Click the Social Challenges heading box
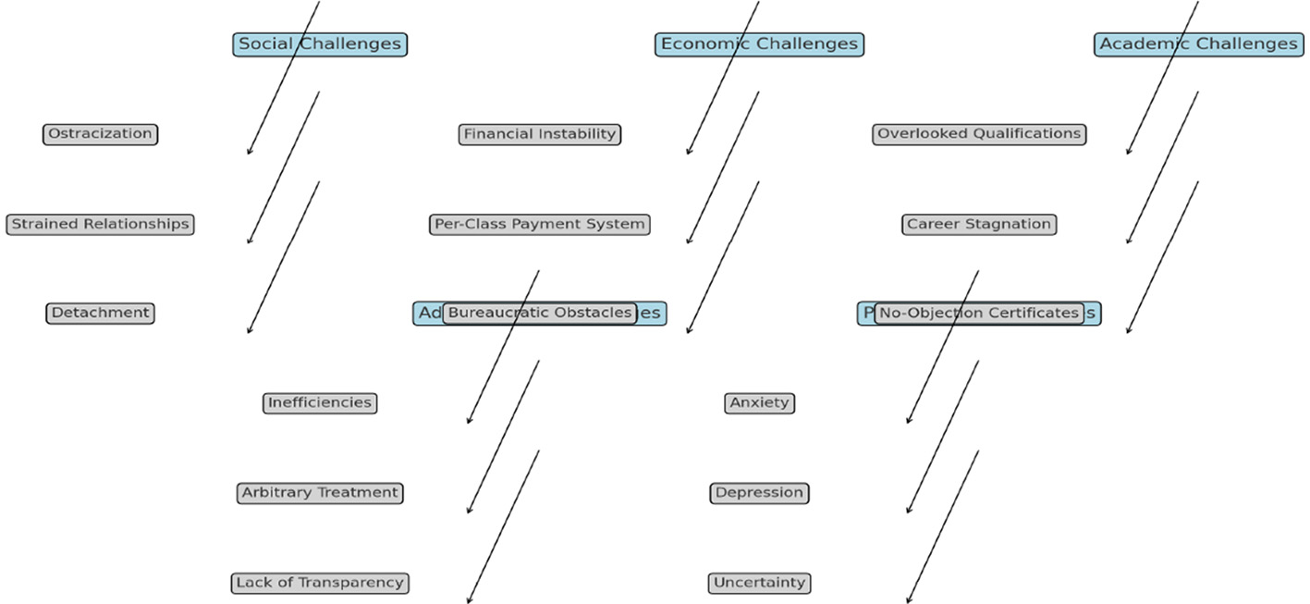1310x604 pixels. (x=320, y=44)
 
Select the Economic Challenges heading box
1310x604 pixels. (x=759, y=44)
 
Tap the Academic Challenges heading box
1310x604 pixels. (x=1198, y=44)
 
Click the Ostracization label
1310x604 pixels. (x=100, y=134)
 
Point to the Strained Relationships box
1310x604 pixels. (x=100, y=224)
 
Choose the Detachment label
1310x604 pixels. (x=100, y=313)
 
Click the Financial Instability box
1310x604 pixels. (x=540, y=134)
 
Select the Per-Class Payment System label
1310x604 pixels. (x=540, y=224)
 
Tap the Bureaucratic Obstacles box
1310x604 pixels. (x=540, y=313)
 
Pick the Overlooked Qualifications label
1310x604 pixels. (x=979, y=134)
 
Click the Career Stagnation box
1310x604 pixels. (x=979, y=224)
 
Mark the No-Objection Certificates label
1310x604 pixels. (x=979, y=313)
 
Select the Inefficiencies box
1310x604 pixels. (x=320, y=402)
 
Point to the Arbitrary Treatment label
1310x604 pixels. (x=320, y=492)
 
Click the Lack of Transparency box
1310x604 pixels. (x=320, y=583)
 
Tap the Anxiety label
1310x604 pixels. (x=759, y=402)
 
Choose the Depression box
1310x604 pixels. (x=759, y=492)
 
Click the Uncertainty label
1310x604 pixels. (x=759, y=583)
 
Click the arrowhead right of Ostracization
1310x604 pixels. (x=249, y=152)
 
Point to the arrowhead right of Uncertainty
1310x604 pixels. (x=908, y=600)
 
